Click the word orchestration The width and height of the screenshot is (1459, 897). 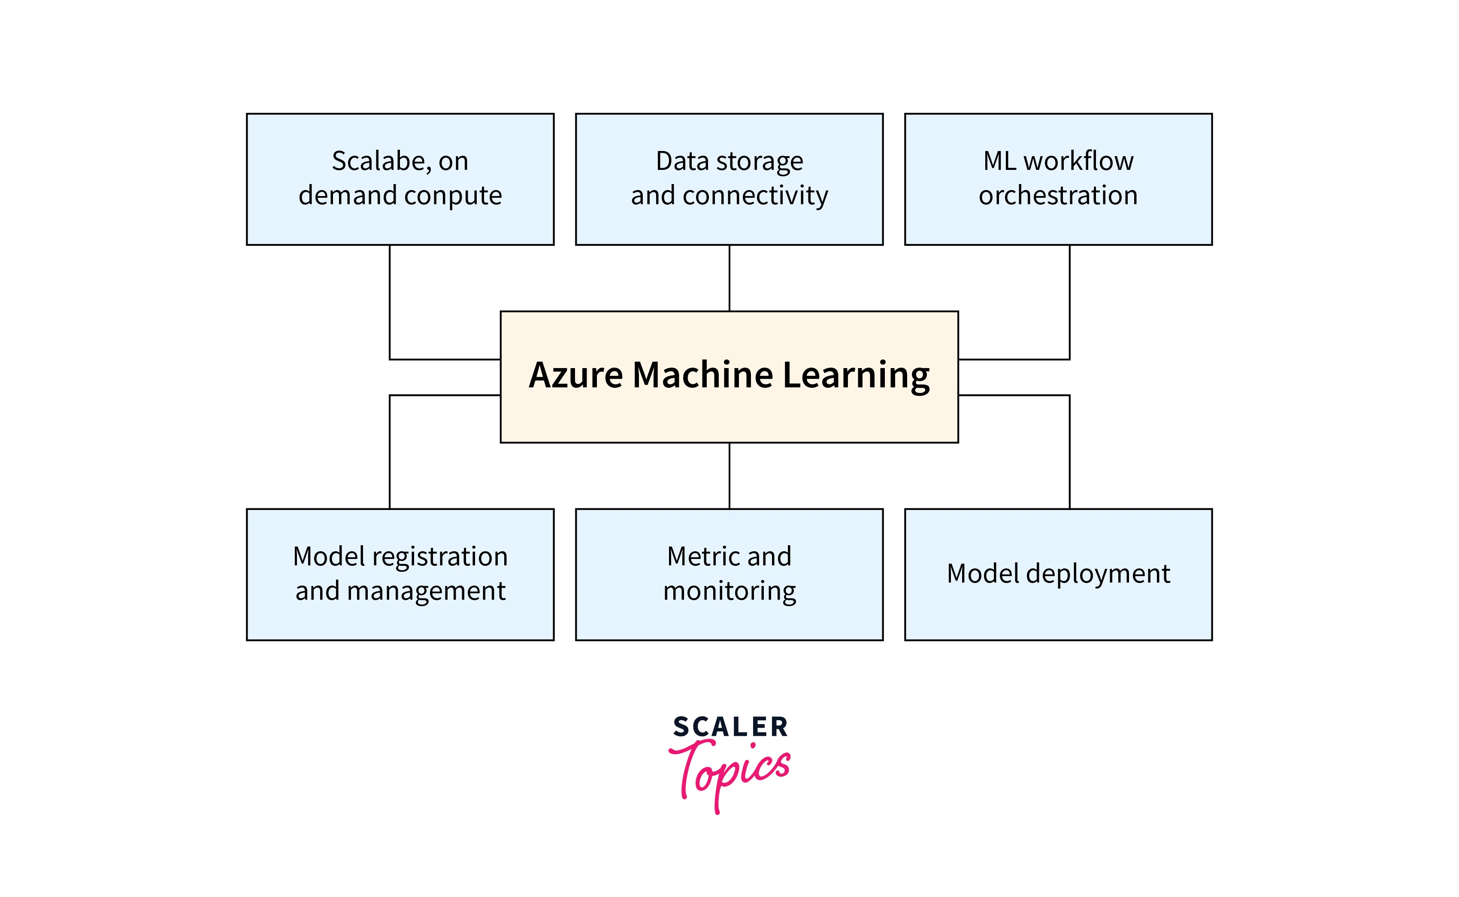click(1058, 196)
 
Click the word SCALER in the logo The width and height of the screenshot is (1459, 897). click(730, 727)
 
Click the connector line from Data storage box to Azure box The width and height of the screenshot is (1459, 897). click(729, 278)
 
